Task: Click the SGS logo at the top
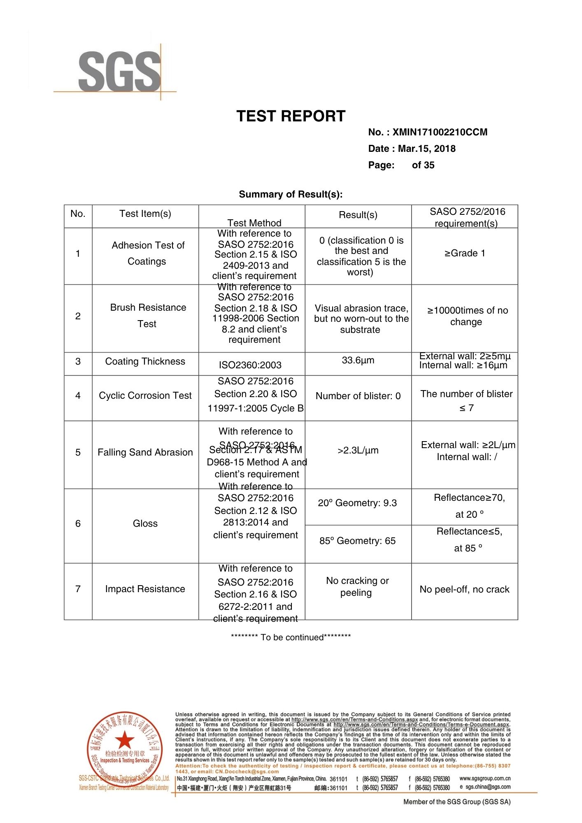tap(119, 71)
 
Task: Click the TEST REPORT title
tap(291, 116)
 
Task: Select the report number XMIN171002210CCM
tap(440, 132)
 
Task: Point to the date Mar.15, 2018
tap(426, 149)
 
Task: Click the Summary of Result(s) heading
tap(291, 194)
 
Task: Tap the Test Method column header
tap(254, 223)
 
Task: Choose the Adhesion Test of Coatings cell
tap(147, 253)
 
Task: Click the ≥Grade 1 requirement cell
tap(465, 253)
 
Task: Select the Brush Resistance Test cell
tap(148, 316)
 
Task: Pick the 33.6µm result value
tap(358, 360)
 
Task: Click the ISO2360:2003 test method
tap(250, 365)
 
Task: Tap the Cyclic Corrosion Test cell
tap(145, 395)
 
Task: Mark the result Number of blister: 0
tap(358, 396)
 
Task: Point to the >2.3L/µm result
tap(358, 450)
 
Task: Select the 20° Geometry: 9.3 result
tap(357, 503)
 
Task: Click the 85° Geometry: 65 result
tap(357, 541)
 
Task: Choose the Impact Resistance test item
tap(145, 589)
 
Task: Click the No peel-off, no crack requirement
tap(464, 589)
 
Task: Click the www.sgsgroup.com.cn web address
tap(485, 778)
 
